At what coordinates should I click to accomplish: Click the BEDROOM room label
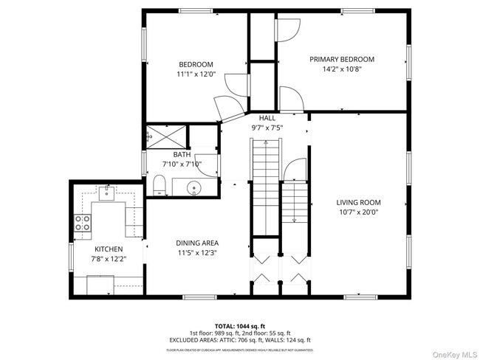point(195,64)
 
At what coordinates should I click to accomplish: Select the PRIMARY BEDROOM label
point(341,59)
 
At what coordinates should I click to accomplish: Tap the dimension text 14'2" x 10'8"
point(341,69)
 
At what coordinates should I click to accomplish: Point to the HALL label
point(267,117)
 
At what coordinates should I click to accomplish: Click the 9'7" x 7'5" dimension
point(267,127)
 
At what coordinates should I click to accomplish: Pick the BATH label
point(182,154)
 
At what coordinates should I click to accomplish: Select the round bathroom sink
point(195,187)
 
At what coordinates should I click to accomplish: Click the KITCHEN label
point(107,249)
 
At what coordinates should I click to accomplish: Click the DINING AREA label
point(196,243)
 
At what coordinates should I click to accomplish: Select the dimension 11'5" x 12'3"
point(196,252)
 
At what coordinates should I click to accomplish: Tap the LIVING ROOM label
point(358,202)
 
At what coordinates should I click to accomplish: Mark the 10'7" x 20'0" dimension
point(358,212)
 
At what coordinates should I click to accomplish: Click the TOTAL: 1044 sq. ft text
point(239,325)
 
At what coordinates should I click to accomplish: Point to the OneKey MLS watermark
point(449,352)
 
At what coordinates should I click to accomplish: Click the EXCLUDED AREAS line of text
point(239,339)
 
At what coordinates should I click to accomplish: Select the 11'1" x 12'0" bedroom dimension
point(195,75)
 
